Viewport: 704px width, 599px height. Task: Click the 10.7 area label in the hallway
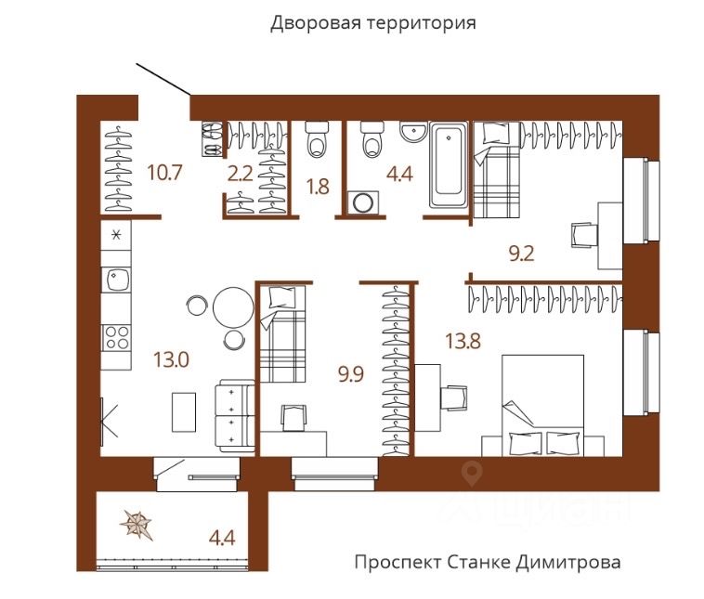pyautogui.click(x=164, y=173)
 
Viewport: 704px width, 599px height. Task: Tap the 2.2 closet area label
pyautogui.click(x=241, y=174)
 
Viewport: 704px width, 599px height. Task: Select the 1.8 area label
pyautogui.click(x=318, y=187)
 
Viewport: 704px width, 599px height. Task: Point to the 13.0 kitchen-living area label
pyautogui.click(x=171, y=359)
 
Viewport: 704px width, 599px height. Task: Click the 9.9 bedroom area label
pyautogui.click(x=351, y=374)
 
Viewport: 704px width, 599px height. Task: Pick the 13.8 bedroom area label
pyautogui.click(x=463, y=341)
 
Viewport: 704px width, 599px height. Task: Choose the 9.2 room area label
pyautogui.click(x=521, y=254)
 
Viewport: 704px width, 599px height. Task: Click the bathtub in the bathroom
pyautogui.click(x=449, y=164)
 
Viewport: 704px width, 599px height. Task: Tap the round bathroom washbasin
pyautogui.click(x=413, y=132)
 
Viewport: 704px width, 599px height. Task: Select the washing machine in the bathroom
pyautogui.click(x=363, y=202)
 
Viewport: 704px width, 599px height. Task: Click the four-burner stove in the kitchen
pyautogui.click(x=116, y=338)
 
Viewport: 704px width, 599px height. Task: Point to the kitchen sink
pyautogui.click(x=117, y=279)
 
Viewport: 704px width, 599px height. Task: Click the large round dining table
pyautogui.click(x=233, y=307)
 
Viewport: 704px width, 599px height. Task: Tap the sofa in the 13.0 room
pyautogui.click(x=235, y=415)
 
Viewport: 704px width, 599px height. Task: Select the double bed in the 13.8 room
pyautogui.click(x=542, y=406)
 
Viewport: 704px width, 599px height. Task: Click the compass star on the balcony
pyautogui.click(x=137, y=524)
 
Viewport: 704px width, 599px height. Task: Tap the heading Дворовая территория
pyautogui.click(x=373, y=22)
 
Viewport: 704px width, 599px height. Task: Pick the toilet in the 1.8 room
pyautogui.click(x=317, y=139)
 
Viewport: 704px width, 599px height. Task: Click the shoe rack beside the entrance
pyautogui.click(x=212, y=139)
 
